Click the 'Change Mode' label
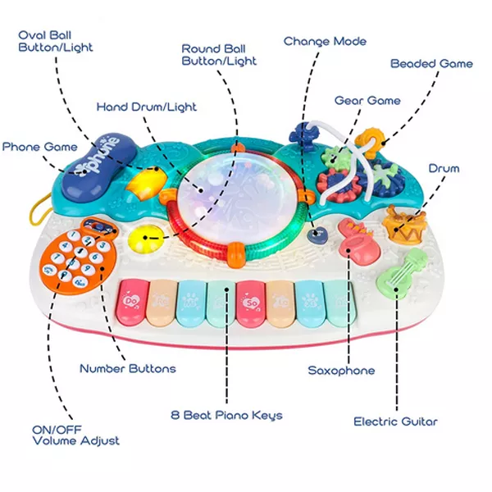point(325,41)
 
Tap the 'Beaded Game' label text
point(431,63)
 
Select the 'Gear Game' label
point(367,101)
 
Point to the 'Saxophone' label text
point(341,371)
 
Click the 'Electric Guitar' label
point(395,421)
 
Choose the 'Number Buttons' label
point(127,368)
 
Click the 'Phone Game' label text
point(39,147)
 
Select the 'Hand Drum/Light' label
point(147,107)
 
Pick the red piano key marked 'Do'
point(133,300)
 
